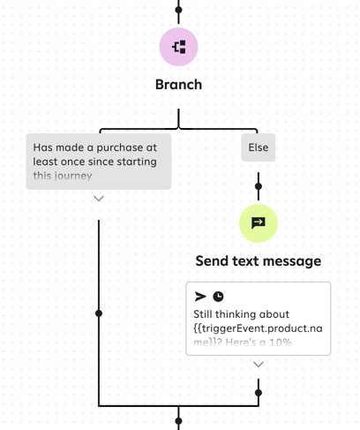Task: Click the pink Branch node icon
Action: click(178, 47)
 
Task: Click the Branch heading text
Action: click(178, 85)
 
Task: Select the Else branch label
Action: click(258, 147)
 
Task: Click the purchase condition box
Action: click(98, 161)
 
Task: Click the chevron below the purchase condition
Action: click(99, 199)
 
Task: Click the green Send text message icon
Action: click(258, 223)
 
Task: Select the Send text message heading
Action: click(258, 261)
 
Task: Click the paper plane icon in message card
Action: click(200, 297)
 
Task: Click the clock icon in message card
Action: click(218, 297)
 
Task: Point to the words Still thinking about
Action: click(241, 313)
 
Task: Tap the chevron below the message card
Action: click(258, 364)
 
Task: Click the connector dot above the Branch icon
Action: click(178, 11)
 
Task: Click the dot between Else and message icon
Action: click(258, 186)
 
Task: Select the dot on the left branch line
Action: click(99, 313)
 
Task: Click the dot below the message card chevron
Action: click(258, 392)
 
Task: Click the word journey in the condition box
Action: click(73, 176)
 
